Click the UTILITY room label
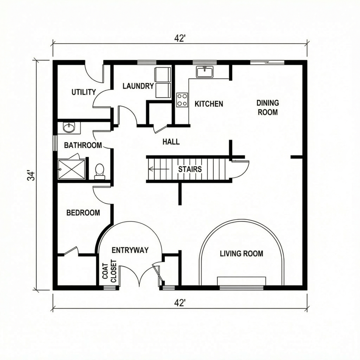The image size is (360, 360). coord(83,92)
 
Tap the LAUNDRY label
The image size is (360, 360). coord(138,86)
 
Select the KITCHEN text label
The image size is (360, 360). coord(209,104)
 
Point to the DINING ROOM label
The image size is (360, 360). coord(267,107)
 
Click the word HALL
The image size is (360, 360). coord(171,142)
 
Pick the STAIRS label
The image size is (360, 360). coord(190,169)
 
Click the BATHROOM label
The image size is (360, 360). coord(83,145)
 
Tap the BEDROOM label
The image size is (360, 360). coord(83,213)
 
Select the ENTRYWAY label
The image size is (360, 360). coord(130,250)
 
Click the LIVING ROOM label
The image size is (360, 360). coord(241,254)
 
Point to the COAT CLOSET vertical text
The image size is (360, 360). coord(109,271)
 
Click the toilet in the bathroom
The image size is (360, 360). coord(99,171)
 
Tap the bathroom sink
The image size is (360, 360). coord(69,127)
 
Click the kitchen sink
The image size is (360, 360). coord(204,71)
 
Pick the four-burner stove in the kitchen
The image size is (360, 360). coord(182,100)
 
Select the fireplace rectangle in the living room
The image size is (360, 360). coord(241,281)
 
